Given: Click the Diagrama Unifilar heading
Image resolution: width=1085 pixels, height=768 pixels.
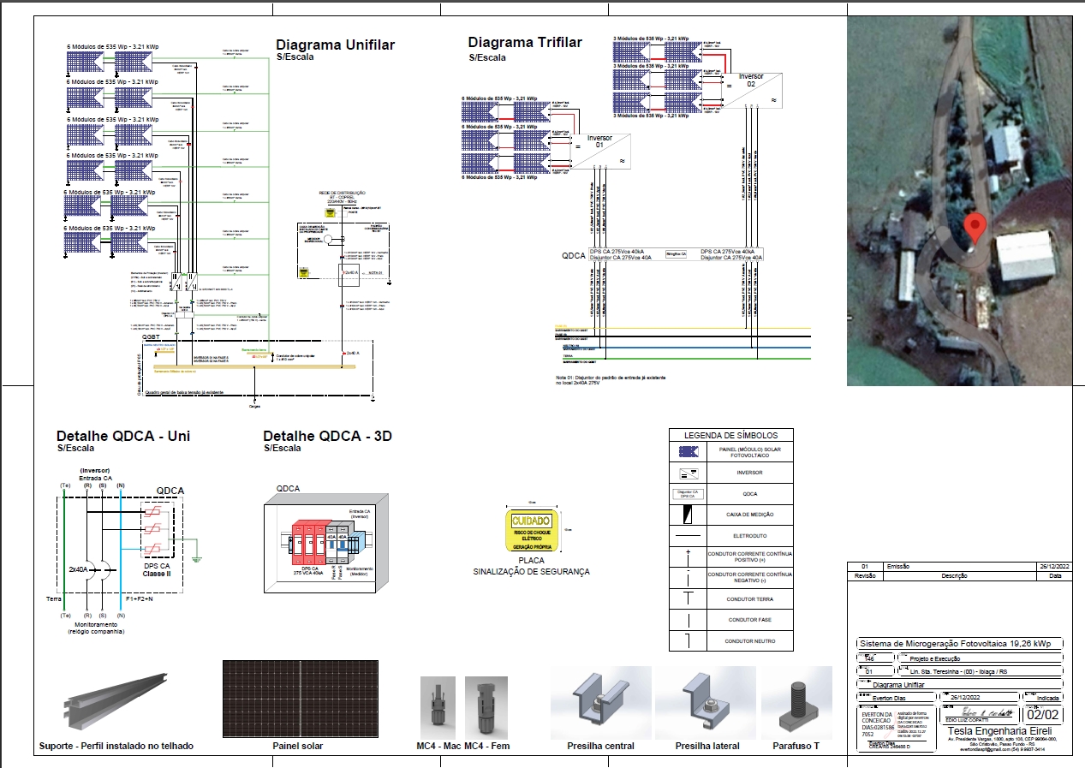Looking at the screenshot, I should point(335,45).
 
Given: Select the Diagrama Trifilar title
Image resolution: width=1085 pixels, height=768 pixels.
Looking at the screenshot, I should point(525,43).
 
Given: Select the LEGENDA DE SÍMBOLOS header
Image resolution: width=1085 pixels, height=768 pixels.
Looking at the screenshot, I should point(730,435).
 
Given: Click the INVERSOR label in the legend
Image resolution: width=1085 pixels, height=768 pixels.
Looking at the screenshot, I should point(749,473).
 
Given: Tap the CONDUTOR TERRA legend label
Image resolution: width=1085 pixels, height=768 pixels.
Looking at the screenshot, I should point(749,599).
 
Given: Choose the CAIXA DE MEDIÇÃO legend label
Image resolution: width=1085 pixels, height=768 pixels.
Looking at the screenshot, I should point(749,515).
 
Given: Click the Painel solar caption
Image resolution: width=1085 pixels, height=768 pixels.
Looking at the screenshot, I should point(298,746).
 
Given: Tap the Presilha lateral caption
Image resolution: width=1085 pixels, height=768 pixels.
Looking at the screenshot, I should point(706,746).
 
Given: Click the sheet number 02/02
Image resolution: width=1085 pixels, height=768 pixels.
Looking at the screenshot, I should point(1044,714).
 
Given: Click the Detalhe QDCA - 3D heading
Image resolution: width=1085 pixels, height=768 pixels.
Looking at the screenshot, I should point(327,436).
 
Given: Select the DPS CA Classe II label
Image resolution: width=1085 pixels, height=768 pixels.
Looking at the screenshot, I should point(158,569).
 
